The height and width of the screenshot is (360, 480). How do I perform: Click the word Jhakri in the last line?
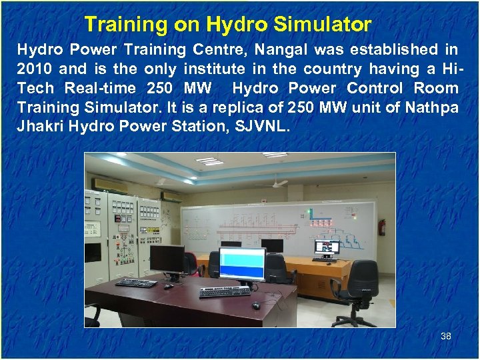(x=39, y=127)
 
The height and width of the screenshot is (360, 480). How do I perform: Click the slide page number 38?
(x=446, y=336)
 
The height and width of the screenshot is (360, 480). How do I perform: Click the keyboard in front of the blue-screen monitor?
(x=225, y=292)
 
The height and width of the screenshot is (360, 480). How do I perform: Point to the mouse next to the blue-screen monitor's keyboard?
(x=255, y=305)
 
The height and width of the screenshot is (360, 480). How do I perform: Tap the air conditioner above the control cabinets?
(x=109, y=184)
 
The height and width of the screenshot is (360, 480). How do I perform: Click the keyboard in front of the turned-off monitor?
(x=136, y=283)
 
